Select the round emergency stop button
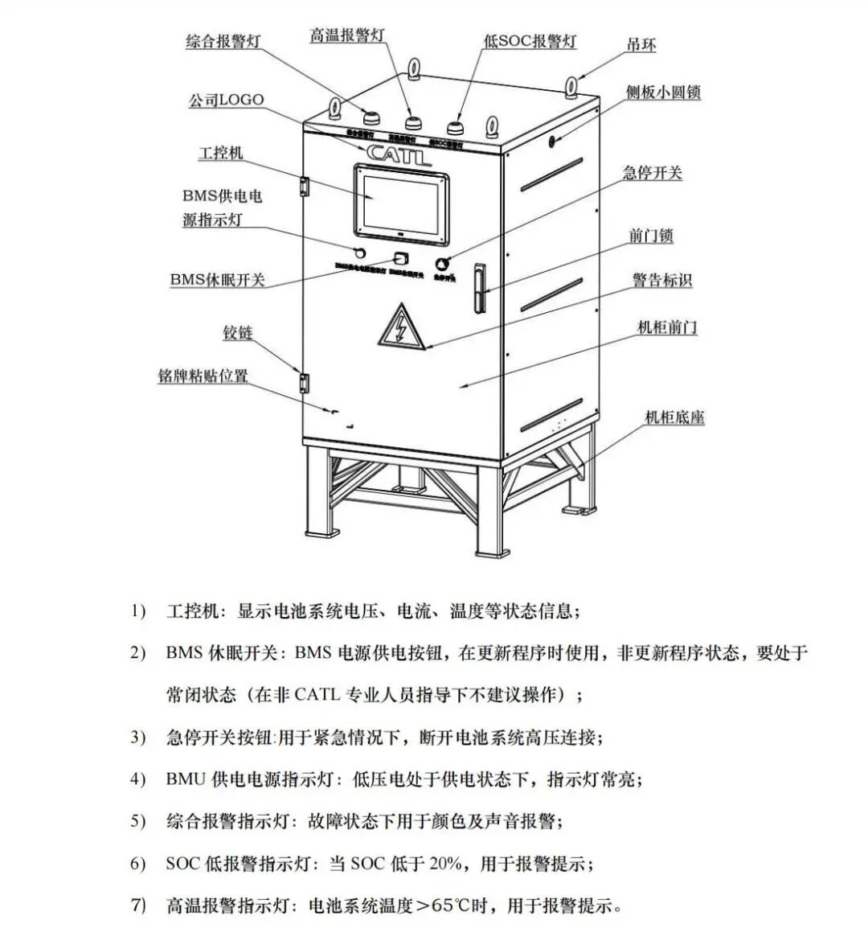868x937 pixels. click(442, 263)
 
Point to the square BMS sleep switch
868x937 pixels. click(401, 258)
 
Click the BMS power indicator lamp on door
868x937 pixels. click(349, 254)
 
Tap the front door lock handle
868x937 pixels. click(481, 287)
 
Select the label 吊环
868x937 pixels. click(641, 45)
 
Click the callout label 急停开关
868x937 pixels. click(652, 173)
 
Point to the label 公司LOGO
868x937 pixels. click(226, 101)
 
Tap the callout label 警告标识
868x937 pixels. click(661, 280)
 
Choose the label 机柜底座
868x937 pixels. click(674, 417)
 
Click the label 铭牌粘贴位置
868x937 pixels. click(203, 376)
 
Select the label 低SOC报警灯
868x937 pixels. click(530, 41)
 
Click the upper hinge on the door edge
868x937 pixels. click(304, 186)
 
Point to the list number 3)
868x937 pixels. click(138, 737)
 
